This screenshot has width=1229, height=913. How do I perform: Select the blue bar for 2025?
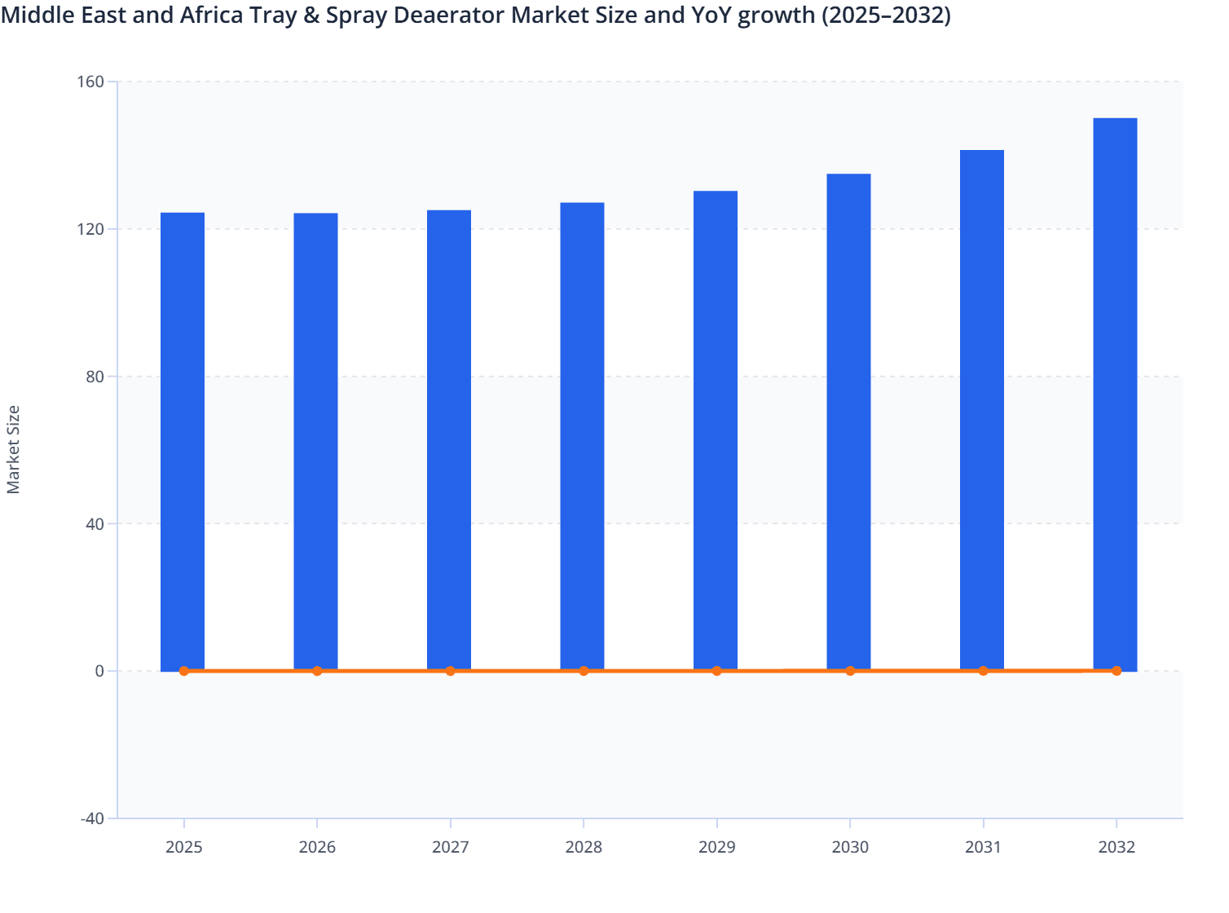coord(183,441)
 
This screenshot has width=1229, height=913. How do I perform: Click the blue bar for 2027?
coord(449,440)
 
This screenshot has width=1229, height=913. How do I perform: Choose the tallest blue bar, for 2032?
coord(1115,395)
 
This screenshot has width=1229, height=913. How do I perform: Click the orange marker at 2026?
coord(317,671)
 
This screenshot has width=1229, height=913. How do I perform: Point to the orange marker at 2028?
coord(584,671)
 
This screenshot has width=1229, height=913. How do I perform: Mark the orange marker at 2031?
coord(983,671)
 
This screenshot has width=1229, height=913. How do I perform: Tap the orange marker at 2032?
coord(1117,671)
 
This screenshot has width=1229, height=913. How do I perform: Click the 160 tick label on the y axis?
coord(91,82)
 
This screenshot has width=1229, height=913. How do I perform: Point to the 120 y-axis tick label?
coord(91,229)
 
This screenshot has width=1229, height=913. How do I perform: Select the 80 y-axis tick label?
coord(95,377)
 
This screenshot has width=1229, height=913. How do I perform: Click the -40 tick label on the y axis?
coord(92,818)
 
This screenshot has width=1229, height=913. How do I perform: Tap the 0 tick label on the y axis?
coord(99,671)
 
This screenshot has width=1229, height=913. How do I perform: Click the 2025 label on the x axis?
coord(184,847)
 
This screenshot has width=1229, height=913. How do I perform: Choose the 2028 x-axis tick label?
coord(584,847)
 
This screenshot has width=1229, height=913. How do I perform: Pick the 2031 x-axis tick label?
coord(983,847)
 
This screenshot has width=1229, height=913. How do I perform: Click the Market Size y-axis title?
coord(13,449)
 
